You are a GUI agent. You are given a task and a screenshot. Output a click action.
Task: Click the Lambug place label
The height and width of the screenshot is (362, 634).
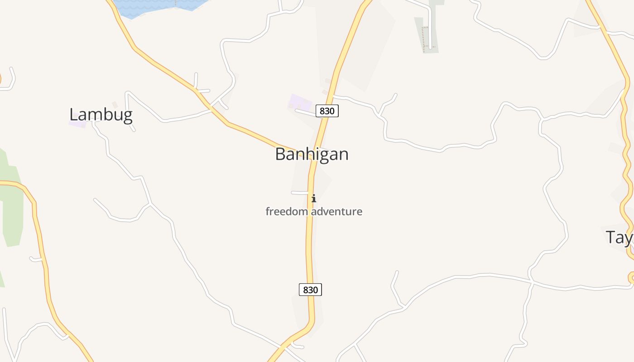[101, 115]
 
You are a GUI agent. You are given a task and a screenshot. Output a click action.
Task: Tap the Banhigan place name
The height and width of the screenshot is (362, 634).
[312, 154]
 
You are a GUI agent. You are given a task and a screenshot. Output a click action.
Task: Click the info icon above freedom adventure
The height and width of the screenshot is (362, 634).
[313, 198]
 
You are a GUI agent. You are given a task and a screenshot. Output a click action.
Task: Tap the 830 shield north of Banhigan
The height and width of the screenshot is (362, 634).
[327, 111]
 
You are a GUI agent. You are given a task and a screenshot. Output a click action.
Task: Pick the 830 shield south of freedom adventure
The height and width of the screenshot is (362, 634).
[310, 290]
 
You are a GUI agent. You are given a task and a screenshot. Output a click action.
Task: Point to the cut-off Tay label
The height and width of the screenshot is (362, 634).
[620, 237]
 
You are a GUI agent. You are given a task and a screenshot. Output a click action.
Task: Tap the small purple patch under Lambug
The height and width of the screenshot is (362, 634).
[77, 124]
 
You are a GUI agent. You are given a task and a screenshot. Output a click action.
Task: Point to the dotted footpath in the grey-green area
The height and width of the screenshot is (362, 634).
[425, 38]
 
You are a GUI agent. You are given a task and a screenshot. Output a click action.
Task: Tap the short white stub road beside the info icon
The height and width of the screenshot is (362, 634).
[299, 193]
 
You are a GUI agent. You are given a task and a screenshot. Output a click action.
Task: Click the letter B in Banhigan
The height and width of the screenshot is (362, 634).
[281, 154]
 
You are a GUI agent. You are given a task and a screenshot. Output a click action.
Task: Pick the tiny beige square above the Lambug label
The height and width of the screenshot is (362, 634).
[115, 105]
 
